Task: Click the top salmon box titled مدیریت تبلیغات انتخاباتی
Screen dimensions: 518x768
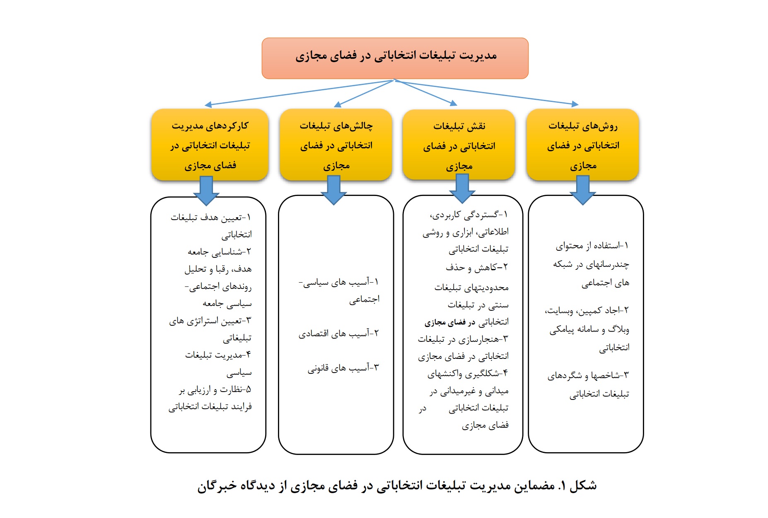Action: pyautogui.click(x=395, y=58)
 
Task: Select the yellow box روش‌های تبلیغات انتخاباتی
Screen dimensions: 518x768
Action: pyautogui.click(x=582, y=145)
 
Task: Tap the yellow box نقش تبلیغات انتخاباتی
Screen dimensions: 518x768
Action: pyautogui.click(x=459, y=145)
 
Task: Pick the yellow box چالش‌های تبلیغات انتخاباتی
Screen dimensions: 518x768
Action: pyautogui.click(x=336, y=145)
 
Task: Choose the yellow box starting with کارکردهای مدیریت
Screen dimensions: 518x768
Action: pyautogui.click(x=210, y=145)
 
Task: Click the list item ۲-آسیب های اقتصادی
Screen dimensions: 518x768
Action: pyautogui.click(x=338, y=333)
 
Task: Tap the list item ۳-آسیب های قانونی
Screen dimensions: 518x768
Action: pyautogui.click(x=343, y=368)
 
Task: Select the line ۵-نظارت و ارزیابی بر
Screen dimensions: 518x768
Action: pyautogui.click(x=215, y=390)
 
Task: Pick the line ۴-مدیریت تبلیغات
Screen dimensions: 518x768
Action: pyautogui.click(x=218, y=355)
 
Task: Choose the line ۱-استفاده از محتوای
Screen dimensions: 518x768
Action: pyautogui.click(x=592, y=246)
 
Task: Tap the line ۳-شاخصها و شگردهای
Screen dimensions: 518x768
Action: pyautogui.click(x=588, y=375)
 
